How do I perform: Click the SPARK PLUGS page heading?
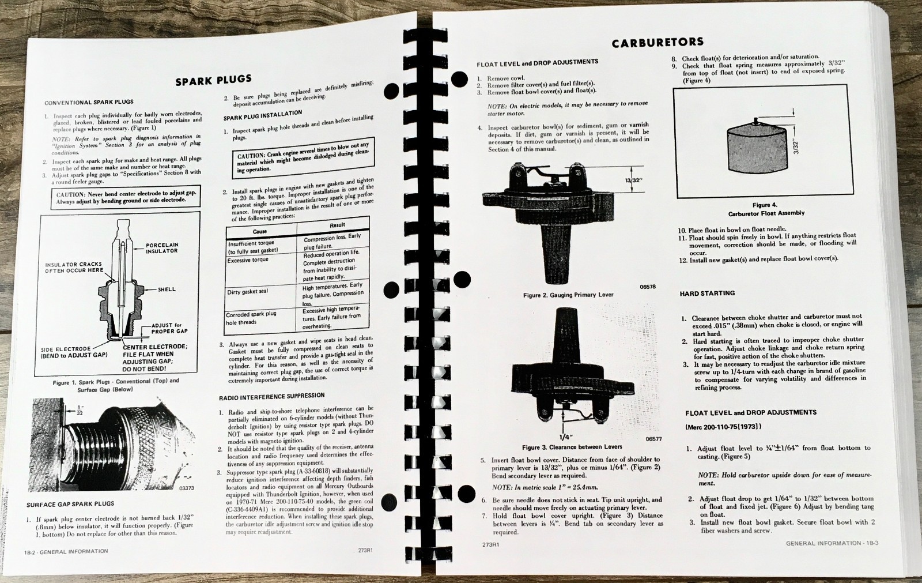tap(213, 80)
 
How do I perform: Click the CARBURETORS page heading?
tap(657, 42)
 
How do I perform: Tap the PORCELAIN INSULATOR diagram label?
tap(161, 248)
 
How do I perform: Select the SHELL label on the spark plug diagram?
tap(167, 289)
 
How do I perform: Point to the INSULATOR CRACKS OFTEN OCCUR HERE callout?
tap(74, 268)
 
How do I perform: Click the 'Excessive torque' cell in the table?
tap(248, 261)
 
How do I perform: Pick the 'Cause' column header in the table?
tap(260, 231)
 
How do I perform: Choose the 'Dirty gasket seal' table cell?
tap(247, 292)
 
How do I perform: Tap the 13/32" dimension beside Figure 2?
tap(633, 180)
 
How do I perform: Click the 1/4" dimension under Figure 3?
tap(566, 437)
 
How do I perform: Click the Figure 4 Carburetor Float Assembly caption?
tap(766, 209)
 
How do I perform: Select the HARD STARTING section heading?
tap(707, 294)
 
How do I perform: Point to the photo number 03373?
tap(186, 488)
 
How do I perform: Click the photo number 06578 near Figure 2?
tap(647, 287)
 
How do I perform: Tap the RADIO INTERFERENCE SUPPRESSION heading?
tap(271, 397)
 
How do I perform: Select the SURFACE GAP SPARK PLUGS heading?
tap(70, 504)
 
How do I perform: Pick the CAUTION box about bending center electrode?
tap(126, 197)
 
